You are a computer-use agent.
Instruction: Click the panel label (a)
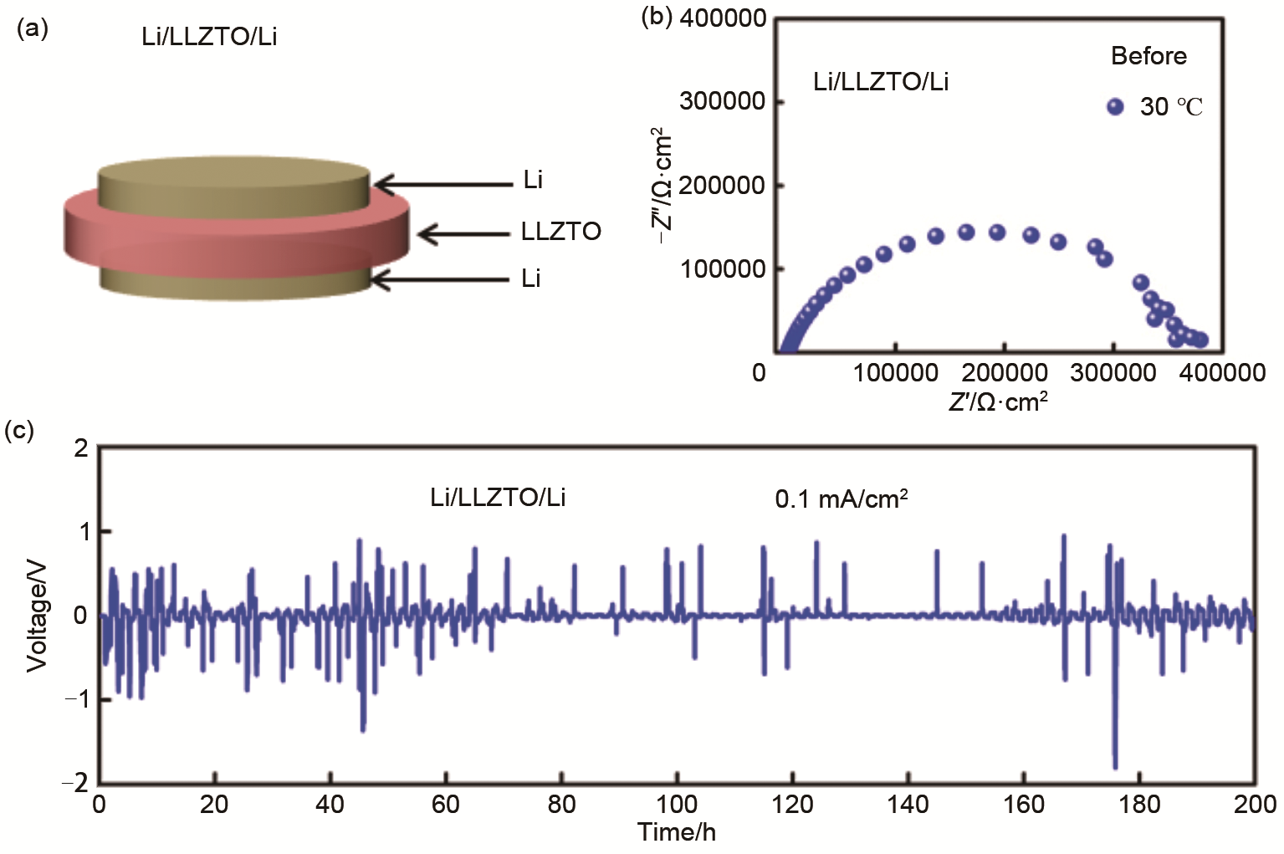click(x=33, y=30)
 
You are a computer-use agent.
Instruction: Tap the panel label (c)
click(x=19, y=432)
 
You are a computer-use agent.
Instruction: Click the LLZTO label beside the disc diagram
click(x=560, y=232)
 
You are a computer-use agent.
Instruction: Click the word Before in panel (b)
click(x=1148, y=56)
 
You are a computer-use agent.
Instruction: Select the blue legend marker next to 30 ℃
click(x=1115, y=106)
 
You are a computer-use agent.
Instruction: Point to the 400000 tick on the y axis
click(x=723, y=18)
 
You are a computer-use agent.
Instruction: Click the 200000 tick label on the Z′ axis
click(x=1004, y=372)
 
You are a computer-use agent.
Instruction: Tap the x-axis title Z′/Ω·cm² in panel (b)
click(x=998, y=402)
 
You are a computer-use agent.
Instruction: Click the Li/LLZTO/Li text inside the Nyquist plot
click(x=881, y=82)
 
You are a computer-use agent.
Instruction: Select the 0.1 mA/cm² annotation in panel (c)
click(x=842, y=499)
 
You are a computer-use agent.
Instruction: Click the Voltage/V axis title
click(x=37, y=616)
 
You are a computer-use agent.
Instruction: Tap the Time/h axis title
click(x=676, y=832)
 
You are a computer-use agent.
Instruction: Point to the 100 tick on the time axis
click(x=676, y=805)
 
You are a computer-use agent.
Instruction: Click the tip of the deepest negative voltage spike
click(x=1115, y=766)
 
